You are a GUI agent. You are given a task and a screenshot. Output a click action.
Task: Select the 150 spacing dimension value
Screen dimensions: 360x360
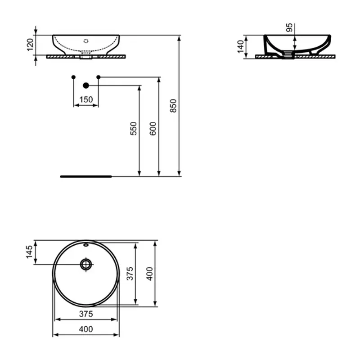coord(86,99)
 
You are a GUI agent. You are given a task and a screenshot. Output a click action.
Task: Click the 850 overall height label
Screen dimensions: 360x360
coord(174,106)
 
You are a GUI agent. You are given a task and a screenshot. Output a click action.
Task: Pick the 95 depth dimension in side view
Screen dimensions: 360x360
coord(290,27)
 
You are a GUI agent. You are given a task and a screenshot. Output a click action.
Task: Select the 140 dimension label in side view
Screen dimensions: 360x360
coord(240,45)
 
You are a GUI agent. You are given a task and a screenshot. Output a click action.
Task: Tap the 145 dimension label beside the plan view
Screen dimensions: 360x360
coord(30,252)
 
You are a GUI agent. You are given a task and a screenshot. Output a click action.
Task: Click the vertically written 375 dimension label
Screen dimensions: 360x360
coord(130,274)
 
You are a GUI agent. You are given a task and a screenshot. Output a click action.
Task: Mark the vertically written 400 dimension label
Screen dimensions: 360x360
coord(149,274)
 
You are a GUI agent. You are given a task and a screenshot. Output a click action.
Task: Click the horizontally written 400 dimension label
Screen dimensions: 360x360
coord(86,329)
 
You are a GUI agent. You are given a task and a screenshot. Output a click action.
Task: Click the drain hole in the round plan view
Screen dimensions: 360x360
coord(86,264)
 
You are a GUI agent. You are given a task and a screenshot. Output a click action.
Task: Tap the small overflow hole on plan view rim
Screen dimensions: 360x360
coord(86,246)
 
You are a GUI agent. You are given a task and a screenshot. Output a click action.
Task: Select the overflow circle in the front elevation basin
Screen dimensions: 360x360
coord(86,40)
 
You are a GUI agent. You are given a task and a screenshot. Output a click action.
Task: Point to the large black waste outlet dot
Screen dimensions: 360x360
coord(86,85)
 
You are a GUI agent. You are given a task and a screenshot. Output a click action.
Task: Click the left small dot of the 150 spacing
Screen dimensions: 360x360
coord(73,77)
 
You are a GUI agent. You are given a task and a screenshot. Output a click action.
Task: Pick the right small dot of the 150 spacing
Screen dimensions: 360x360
coord(98,77)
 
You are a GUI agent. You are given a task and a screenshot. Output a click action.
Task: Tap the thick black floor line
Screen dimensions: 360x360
coord(85,176)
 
